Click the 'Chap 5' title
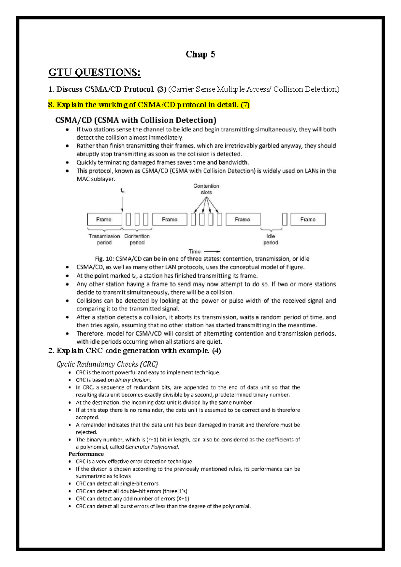coord(200,54)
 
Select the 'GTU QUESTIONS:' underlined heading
coord(95,72)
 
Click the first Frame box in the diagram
coord(104,219)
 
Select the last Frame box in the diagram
coord(308,219)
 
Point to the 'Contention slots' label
coord(206,189)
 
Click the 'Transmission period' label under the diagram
coord(104,239)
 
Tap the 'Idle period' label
coord(271,239)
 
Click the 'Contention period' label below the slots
coord(137,239)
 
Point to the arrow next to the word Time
coord(212,251)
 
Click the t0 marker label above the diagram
coord(122,191)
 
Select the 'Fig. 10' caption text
coord(202,259)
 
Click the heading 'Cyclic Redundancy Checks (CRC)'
coord(107,364)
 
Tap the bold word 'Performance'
coord(86,454)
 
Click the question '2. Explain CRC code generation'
coord(134,351)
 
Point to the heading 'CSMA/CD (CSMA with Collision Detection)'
coord(136,120)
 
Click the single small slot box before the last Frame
coord(285,219)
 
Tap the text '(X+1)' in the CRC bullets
coord(183,499)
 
